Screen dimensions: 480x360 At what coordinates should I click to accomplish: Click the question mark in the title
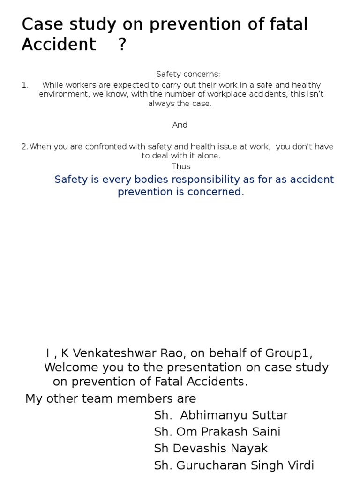(x=122, y=45)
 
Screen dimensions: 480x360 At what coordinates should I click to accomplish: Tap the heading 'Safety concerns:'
(x=187, y=74)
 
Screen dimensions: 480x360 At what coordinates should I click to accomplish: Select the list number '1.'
(x=25, y=85)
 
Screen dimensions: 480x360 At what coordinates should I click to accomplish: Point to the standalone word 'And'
(x=180, y=125)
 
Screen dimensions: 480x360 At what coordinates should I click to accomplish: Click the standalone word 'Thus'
(x=181, y=166)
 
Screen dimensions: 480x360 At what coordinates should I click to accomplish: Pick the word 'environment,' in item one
(x=60, y=94)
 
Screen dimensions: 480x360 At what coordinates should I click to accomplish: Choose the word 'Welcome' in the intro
(x=69, y=367)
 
